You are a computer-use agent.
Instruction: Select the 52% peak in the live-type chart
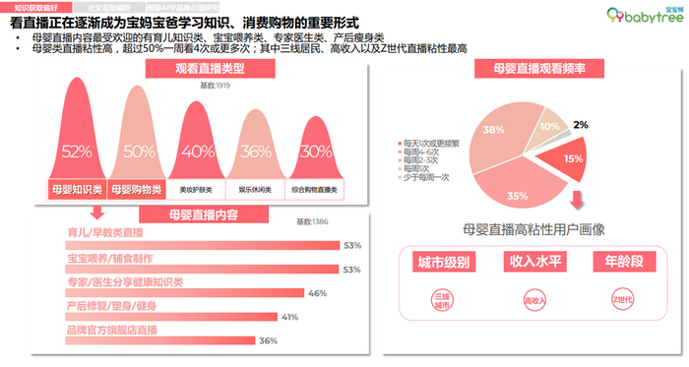pos(76,152)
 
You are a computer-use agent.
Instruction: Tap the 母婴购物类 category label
pos(138,187)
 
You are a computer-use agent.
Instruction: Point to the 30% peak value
pos(316,152)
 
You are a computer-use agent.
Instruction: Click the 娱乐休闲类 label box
pos(256,187)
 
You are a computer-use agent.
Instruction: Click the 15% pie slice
pos(573,158)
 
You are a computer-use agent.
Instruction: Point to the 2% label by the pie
pos(608,125)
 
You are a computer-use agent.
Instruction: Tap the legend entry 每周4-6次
pos(423,153)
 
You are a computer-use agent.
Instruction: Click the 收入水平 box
pos(532,262)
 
